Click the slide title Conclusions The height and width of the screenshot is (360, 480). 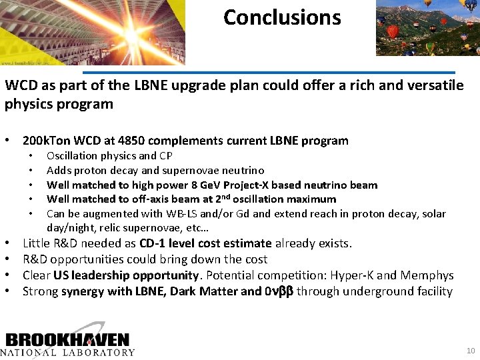282,17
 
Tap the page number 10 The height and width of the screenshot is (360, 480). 471,351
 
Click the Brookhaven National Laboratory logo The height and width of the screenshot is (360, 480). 67,341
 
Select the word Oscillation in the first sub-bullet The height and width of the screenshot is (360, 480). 70,155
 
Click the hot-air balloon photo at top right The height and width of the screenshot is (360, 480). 427,28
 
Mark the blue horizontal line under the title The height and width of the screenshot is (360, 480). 269,72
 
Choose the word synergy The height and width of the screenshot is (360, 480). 83,291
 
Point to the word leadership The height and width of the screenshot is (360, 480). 100,275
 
